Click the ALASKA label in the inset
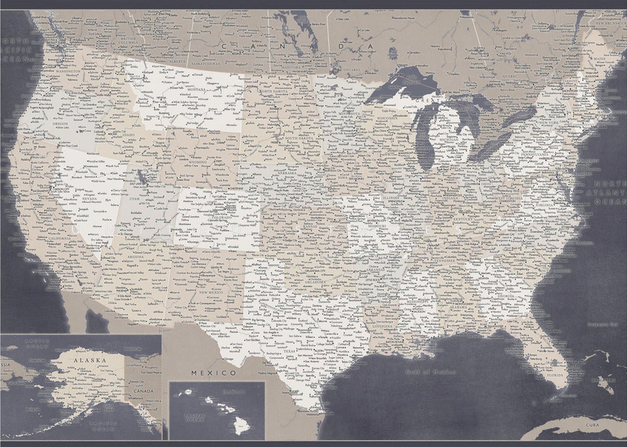point(90,360)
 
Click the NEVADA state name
point(90,198)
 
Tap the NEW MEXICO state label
point(211,292)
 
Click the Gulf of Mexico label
point(431,372)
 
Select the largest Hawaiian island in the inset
point(242,426)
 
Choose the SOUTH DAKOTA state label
point(299,138)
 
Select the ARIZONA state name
point(135,257)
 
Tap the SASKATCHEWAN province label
point(206,64)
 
